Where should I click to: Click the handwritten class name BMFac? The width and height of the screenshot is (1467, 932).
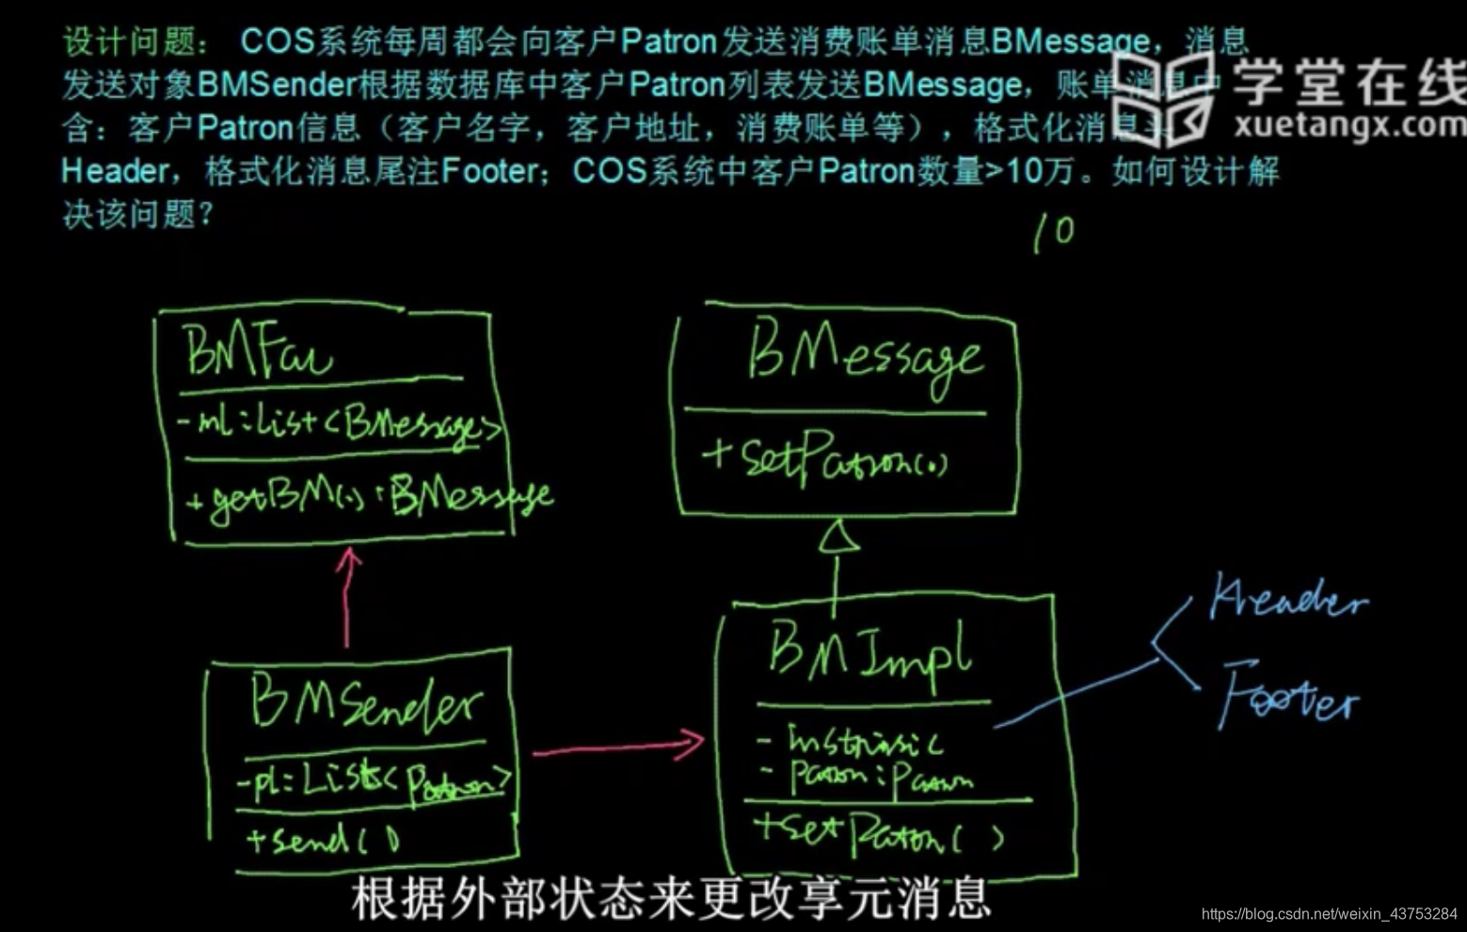point(256,351)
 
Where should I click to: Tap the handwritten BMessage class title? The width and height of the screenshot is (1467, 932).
point(864,359)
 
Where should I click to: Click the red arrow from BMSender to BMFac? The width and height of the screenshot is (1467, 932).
point(347,597)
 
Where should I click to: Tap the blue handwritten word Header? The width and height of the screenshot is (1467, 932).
point(1287,599)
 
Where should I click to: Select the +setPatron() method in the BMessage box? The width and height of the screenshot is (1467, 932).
point(823,458)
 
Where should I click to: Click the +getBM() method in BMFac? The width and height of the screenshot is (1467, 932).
point(367,496)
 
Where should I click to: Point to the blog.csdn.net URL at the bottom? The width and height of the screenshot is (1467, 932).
point(1329,914)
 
